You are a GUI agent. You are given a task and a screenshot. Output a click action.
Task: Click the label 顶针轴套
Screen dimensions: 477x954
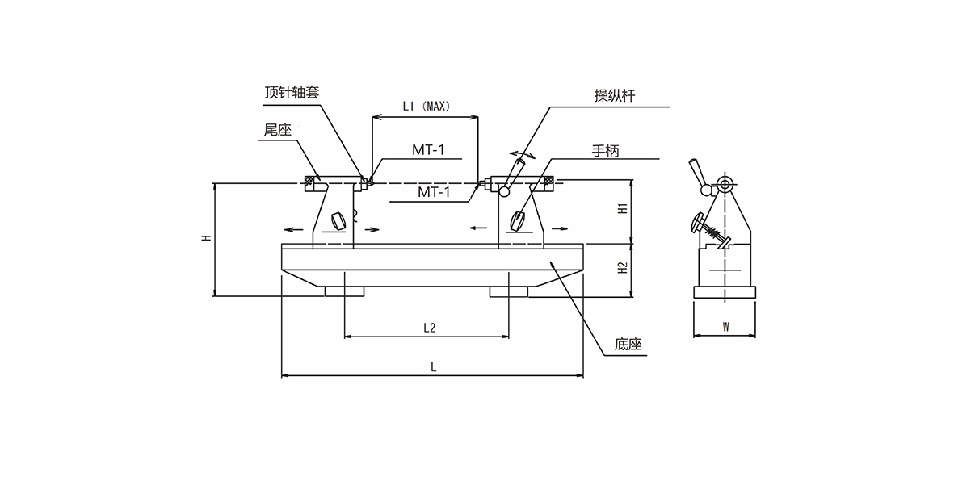pos(292,92)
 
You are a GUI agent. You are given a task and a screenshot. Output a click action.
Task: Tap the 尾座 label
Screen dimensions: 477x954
pos(277,130)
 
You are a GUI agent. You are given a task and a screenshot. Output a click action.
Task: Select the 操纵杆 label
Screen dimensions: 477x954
pos(615,96)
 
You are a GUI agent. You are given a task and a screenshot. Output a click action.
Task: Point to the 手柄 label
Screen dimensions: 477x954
pos(606,150)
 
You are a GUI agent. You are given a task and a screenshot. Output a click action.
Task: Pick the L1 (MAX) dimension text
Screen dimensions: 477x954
pos(426,106)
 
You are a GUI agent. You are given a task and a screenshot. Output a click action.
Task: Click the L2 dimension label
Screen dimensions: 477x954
pos(429,327)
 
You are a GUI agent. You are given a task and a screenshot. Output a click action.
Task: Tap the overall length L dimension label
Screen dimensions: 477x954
pos(433,366)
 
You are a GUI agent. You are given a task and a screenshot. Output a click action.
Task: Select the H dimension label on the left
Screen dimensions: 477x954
pos(206,238)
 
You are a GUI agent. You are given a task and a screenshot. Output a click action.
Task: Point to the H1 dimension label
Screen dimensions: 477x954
pos(622,208)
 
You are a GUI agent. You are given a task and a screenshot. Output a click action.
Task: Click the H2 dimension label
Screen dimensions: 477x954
pos(622,267)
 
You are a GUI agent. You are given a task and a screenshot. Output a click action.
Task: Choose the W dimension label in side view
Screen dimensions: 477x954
pos(725,327)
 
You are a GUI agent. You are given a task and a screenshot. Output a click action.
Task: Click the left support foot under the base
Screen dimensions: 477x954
pos(345,291)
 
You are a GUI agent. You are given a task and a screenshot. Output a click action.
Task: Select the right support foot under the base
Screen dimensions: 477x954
pos(509,291)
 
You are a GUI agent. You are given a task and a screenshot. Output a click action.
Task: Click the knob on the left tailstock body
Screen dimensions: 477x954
pos(338,219)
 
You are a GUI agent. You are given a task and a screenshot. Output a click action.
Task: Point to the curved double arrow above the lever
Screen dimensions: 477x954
pos(520,154)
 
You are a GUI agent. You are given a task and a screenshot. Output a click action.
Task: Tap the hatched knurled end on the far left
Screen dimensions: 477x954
pos(309,182)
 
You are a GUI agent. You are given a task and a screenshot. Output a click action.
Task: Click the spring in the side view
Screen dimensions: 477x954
pos(714,234)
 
